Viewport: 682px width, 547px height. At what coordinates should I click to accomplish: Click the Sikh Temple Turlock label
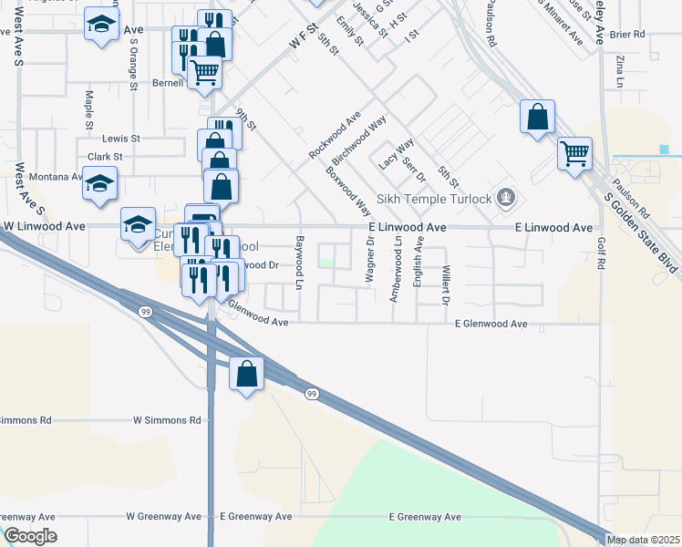pyautogui.click(x=441, y=199)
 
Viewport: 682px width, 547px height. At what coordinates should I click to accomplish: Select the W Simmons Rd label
pyautogui.click(x=167, y=420)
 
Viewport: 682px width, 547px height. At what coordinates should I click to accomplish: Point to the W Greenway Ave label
pyautogui.click(x=163, y=516)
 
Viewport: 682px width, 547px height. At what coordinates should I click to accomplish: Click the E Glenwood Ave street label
pyautogui.click(x=491, y=324)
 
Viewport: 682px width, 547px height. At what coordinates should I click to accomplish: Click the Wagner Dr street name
pyautogui.click(x=370, y=261)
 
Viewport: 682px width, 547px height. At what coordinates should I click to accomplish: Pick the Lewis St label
pyautogui.click(x=120, y=139)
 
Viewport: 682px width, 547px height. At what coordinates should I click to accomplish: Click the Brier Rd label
pyautogui.click(x=627, y=35)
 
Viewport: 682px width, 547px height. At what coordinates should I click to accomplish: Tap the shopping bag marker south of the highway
pyautogui.click(x=246, y=374)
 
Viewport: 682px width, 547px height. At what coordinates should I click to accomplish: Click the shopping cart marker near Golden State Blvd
pyautogui.click(x=575, y=154)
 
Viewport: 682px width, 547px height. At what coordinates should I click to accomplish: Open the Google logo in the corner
pyautogui.click(x=30, y=536)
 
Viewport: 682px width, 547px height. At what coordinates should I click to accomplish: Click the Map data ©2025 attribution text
pyautogui.click(x=643, y=540)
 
